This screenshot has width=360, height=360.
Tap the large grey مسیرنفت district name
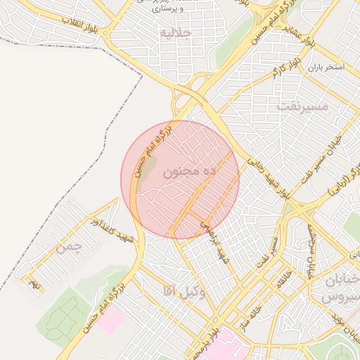tap(303, 106)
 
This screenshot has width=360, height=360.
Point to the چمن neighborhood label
tap(70, 247)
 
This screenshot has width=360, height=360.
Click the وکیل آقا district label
tap(184, 291)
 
